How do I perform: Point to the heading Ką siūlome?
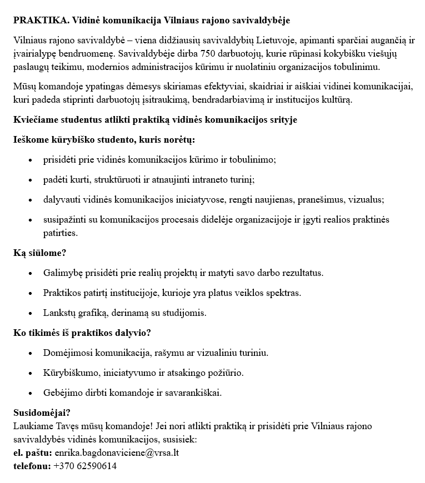point(40,253)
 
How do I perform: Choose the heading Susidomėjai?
point(42,412)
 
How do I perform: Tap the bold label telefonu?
point(32,466)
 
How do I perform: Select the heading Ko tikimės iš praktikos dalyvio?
point(82,333)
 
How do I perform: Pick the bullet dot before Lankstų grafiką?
point(30,313)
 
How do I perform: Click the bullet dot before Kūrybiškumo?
point(30,373)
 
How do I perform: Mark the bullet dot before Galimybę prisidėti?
point(30,273)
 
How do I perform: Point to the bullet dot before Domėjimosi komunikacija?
point(30,353)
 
